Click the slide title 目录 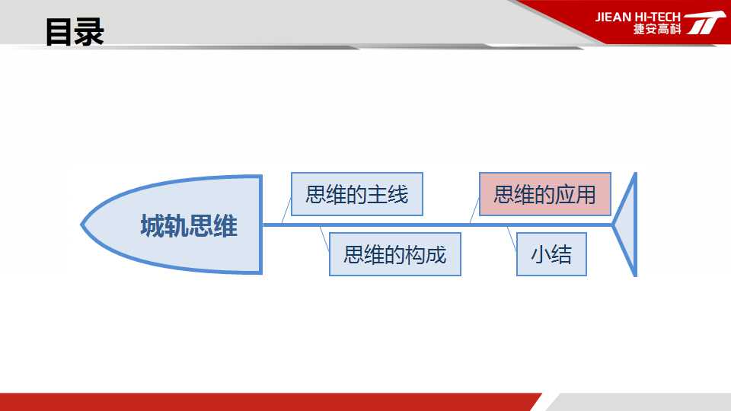coord(75,32)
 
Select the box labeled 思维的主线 coord(357,194)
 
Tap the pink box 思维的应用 coord(545,194)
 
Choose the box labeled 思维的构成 coord(395,254)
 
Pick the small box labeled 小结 coord(551,254)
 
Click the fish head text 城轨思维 coord(189,226)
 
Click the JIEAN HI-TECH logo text coord(638,17)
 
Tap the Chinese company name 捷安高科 coord(657,29)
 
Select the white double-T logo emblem coord(704,22)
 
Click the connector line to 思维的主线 coord(286,211)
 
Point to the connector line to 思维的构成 coord(325,239)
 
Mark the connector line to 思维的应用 coord(474,210)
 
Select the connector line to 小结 coord(512,239)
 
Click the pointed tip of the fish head coord(81,225)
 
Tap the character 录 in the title coord(90,32)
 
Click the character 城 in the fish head coord(152,226)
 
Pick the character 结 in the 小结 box coord(562,254)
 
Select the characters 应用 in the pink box coord(576,194)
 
